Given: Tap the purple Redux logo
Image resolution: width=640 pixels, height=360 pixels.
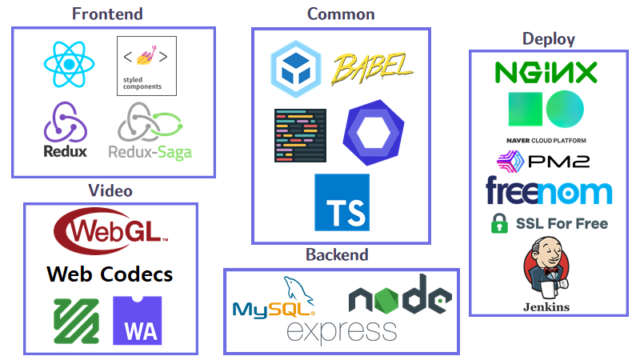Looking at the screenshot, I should (66, 130).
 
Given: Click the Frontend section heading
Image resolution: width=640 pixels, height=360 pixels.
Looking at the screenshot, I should (107, 14).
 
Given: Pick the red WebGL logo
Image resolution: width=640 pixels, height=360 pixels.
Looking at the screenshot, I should (110, 230).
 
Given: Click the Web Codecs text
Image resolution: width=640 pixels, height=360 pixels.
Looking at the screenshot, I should (110, 274).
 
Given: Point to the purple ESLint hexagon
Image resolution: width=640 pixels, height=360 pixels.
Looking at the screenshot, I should (373, 132).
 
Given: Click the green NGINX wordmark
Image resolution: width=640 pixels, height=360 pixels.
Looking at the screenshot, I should (546, 73).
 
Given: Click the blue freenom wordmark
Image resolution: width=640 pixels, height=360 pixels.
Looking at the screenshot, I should (548, 192).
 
